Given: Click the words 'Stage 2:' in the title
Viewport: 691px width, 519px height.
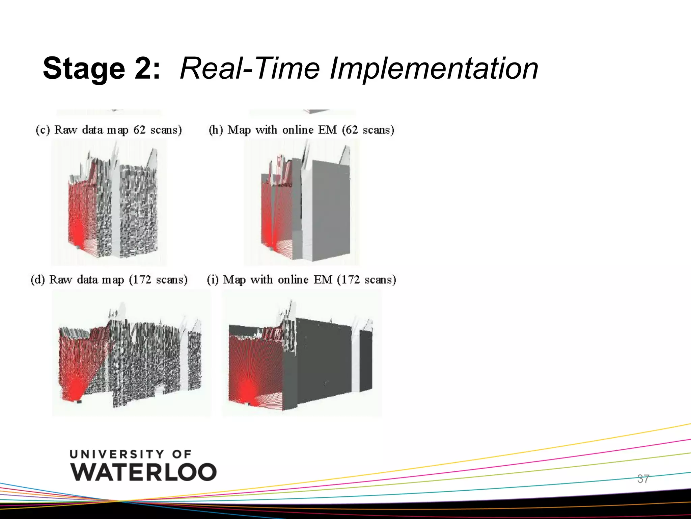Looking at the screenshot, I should click(101, 69).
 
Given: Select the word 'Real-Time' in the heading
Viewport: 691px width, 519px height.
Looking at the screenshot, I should click(250, 69).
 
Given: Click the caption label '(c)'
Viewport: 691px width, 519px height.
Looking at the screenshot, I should click(43, 130).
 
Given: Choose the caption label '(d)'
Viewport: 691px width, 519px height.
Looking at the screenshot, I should click(38, 280).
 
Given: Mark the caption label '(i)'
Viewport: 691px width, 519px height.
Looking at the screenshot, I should click(213, 280).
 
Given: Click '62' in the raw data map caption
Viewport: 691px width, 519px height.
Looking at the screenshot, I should click(140, 130).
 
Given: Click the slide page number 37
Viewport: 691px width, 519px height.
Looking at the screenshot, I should click(643, 479).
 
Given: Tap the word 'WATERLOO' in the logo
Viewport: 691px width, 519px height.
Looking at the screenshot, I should click(144, 472).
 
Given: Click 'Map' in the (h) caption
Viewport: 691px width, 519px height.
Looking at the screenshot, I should click(239, 130).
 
